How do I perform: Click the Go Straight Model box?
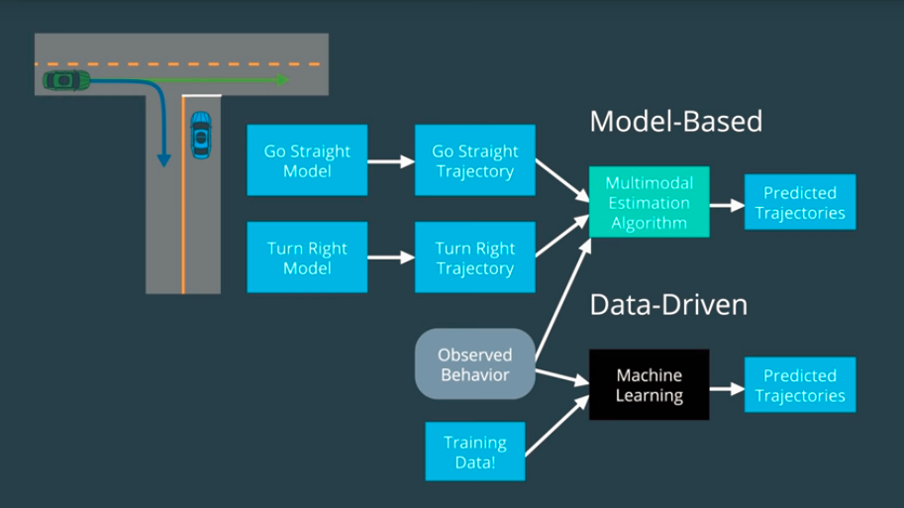tap(307, 160)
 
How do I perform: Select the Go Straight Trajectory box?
tap(475, 160)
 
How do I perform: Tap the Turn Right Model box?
tap(307, 257)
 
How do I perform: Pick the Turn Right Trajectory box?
tap(475, 257)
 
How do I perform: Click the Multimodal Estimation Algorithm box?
tap(650, 202)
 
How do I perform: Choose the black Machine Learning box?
tap(650, 384)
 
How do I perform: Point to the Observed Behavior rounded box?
tap(475, 363)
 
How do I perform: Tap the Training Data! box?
tap(475, 452)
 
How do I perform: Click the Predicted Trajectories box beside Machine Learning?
tap(800, 384)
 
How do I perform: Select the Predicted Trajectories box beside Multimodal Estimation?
tap(800, 202)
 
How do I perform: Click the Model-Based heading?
tap(675, 122)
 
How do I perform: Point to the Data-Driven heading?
tap(668, 304)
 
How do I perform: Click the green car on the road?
tap(66, 80)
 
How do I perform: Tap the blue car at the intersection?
tap(201, 135)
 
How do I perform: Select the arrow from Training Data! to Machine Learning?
tap(557, 426)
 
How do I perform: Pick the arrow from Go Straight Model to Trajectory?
tap(391, 161)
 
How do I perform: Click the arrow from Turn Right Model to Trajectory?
tap(391, 257)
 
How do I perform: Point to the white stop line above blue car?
tap(201, 96)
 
